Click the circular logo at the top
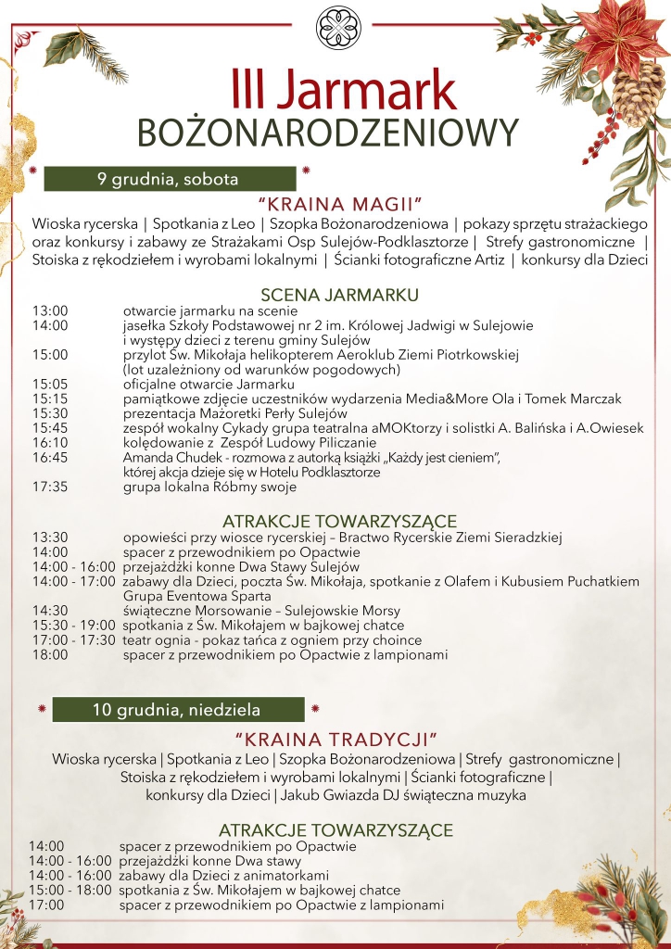(x=335, y=28)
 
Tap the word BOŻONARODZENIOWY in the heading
(x=327, y=133)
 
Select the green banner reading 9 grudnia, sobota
(x=170, y=179)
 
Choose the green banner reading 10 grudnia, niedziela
(x=177, y=710)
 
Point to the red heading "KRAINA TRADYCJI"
(x=335, y=739)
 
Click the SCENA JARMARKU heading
(x=340, y=295)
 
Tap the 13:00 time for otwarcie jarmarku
(x=50, y=310)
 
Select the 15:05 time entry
(x=50, y=385)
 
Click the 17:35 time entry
(x=50, y=487)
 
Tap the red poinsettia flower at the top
(x=621, y=37)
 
